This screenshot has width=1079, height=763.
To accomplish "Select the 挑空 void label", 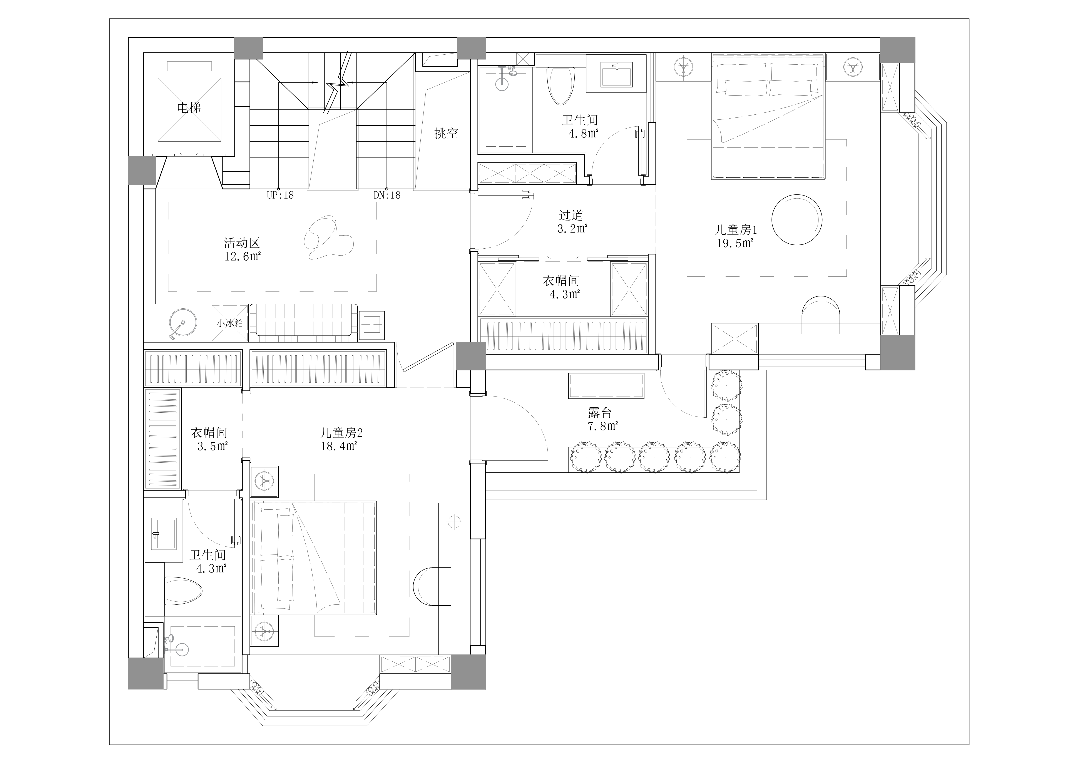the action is (446, 133).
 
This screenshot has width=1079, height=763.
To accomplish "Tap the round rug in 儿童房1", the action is (797, 220).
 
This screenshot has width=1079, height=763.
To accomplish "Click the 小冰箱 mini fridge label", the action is (230, 323).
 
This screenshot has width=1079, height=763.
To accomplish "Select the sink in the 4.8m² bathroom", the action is (617, 71).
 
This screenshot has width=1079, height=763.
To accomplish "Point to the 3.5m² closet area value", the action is (212, 446).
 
